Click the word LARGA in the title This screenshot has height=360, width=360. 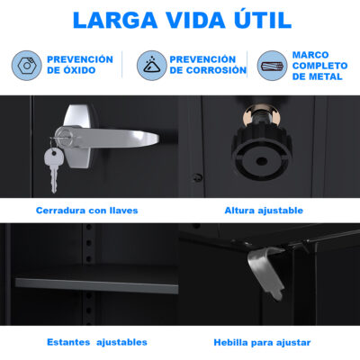coord(115,21)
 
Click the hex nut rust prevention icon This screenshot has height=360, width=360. coord(27,66)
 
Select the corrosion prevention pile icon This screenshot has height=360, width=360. coord(152,66)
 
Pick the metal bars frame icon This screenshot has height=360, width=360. coord(273,66)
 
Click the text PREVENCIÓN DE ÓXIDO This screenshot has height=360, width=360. coord(80,65)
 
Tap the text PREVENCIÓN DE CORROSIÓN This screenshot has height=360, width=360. coord(208,65)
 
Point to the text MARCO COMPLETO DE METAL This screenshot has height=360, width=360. coord(319,66)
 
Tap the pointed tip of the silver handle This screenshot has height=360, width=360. coord(158,139)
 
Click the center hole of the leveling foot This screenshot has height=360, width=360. coord(262,161)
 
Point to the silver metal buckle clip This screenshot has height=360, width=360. coord(265,273)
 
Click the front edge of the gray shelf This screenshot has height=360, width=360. coord(96,286)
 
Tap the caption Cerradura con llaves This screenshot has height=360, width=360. coord(87,211)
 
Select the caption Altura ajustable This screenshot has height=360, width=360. coord(264,211)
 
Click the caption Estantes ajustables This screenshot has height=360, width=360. coord(97,342)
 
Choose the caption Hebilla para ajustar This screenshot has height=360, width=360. coord(262,342)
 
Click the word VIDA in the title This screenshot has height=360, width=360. coord(196,21)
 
